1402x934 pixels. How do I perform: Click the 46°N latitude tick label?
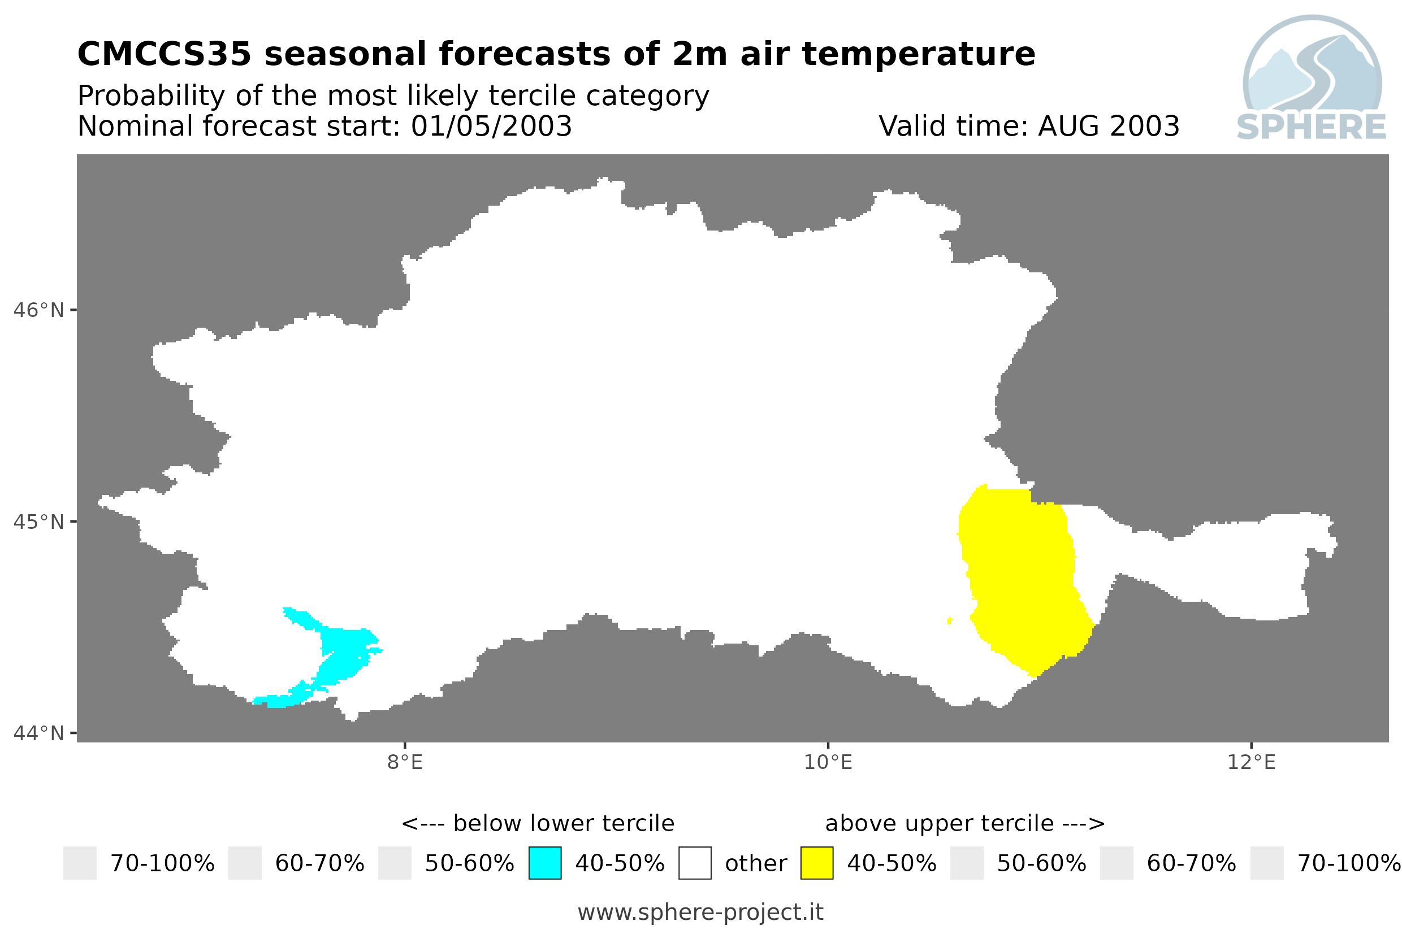coord(38,310)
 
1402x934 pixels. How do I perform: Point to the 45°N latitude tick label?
coord(38,522)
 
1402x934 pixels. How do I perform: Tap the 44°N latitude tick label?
coord(38,733)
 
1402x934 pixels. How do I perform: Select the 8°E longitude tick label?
coord(405,762)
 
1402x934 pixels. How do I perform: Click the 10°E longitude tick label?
coord(828,762)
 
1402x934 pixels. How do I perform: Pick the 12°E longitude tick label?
coord(1251,762)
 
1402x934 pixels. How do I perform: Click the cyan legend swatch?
coord(544,863)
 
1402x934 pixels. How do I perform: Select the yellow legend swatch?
coord(817,863)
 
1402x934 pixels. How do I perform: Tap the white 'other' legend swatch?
coord(695,863)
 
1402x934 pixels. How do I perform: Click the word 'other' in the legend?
coord(755,864)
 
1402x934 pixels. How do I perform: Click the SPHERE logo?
coord(1312,79)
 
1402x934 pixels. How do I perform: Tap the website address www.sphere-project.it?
coord(700,913)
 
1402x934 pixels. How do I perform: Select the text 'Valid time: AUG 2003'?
coord(1029,126)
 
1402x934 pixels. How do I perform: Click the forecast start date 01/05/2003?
coord(492,126)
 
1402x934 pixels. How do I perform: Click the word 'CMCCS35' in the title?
coord(165,54)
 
